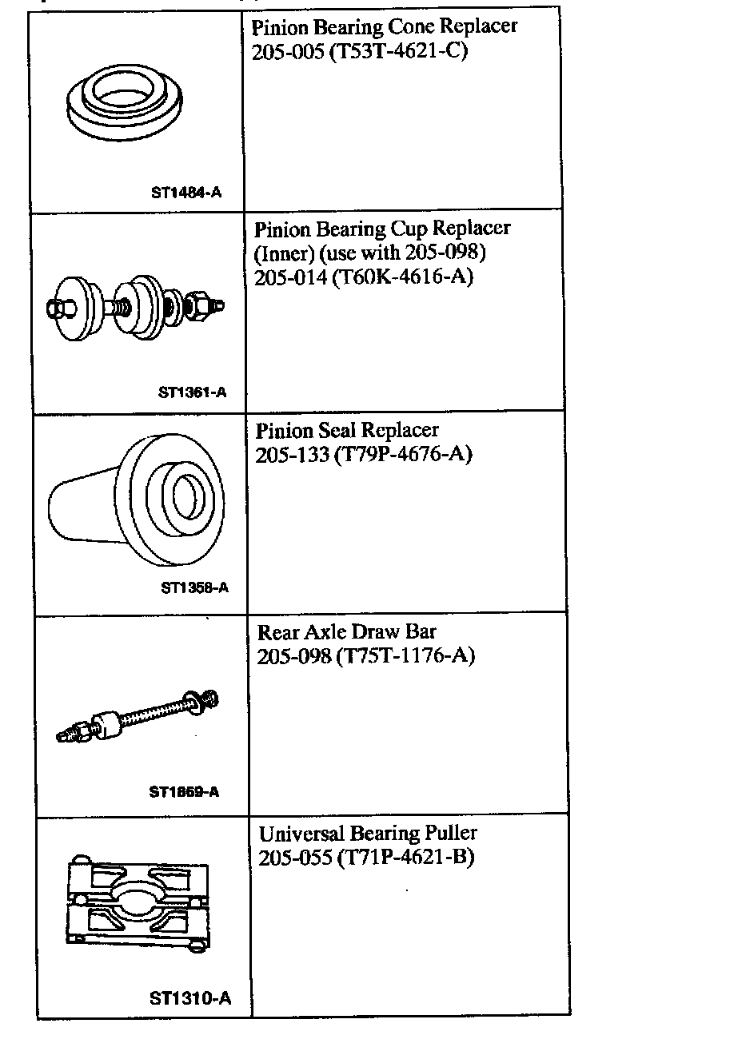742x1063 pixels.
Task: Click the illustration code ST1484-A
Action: coord(185,192)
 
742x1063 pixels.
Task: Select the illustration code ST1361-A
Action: coord(192,392)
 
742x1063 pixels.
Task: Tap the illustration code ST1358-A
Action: coord(194,587)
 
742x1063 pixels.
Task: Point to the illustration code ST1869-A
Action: coord(184,792)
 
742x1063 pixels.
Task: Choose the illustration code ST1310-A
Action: coord(189,998)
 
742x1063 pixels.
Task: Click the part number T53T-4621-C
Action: coord(398,51)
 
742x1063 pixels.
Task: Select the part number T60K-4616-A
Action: coord(403,277)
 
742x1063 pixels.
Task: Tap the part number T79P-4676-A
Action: coord(403,455)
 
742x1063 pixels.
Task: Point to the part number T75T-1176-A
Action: coord(406,656)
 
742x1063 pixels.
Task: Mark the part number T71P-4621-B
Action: coord(406,858)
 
